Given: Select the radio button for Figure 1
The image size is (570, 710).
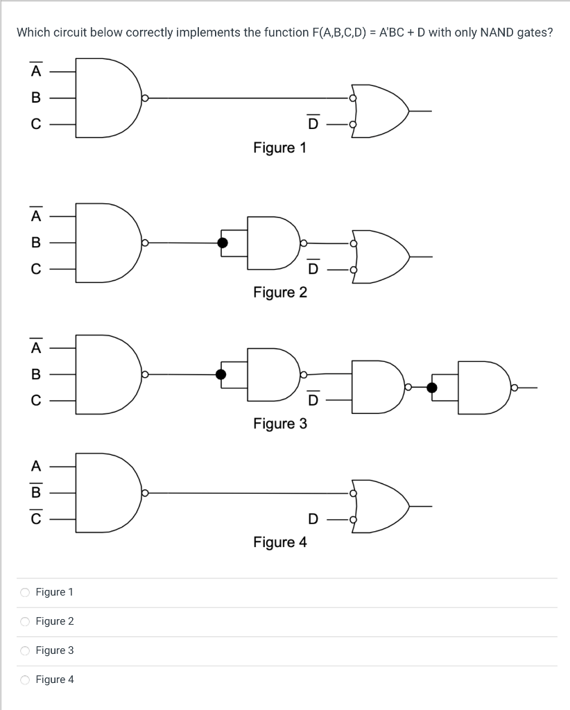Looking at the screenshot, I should (x=25, y=592).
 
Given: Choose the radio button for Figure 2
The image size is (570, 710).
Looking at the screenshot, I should (x=25, y=621).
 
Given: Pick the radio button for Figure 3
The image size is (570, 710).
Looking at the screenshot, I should (x=25, y=650).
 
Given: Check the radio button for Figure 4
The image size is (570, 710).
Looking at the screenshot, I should (x=25, y=679).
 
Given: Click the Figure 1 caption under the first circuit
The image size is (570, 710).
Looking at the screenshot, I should (x=279, y=148).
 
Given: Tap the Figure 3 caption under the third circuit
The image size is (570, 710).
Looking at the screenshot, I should (x=279, y=423).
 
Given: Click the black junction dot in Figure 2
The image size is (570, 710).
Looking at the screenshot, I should (x=223, y=243).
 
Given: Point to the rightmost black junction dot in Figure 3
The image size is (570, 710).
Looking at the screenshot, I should (x=432, y=388).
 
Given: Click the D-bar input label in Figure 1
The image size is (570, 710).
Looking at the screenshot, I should (x=313, y=123).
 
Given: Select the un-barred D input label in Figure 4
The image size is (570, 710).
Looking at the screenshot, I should (x=313, y=519).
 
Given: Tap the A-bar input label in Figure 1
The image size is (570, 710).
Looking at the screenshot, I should (x=35, y=71).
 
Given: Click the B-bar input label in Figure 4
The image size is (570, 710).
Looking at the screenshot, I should (x=35, y=492).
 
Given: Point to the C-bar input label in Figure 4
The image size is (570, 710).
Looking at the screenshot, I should (x=35, y=519).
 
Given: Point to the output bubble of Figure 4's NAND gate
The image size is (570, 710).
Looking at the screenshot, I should (x=145, y=493).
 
